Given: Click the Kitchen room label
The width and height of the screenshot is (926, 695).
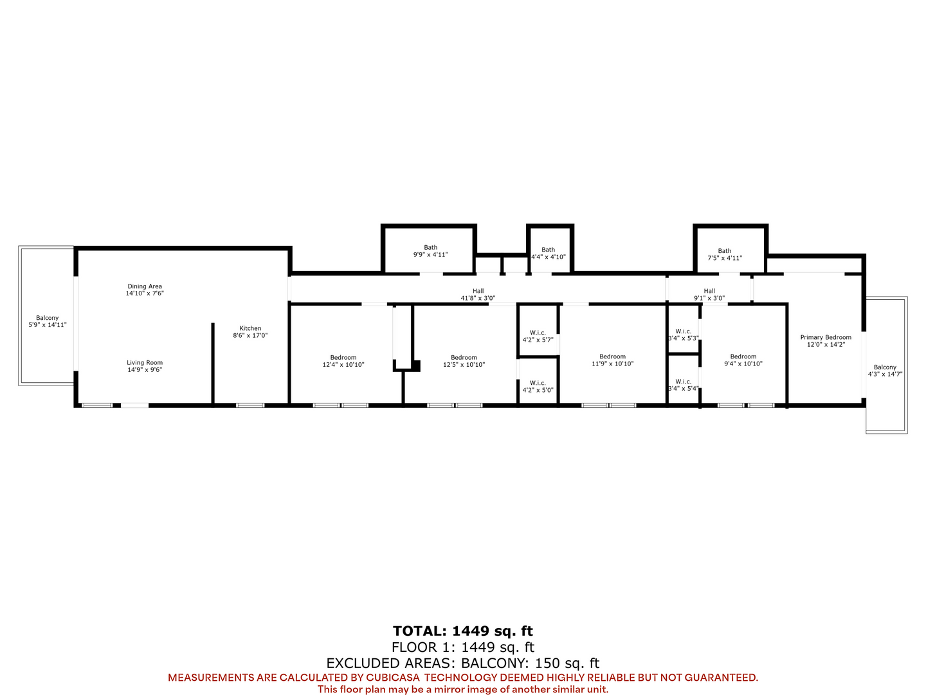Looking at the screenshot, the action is (x=250, y=328).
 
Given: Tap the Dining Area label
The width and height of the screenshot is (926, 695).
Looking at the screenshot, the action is (x=145, y=286).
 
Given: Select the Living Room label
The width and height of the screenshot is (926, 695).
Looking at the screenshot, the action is (x=145, y=362).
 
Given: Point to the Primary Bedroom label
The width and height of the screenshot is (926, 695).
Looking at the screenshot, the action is (x=826, y=337).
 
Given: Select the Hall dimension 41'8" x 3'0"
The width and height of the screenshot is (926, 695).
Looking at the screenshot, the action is (x=478, y=299).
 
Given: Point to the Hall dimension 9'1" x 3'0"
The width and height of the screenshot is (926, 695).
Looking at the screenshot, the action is (x=709, y=299).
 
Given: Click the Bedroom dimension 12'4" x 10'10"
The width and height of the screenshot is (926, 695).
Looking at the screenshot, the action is (x=343, y=365).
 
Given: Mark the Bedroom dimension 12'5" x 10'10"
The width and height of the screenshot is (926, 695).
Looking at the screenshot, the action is (x=464, y=365).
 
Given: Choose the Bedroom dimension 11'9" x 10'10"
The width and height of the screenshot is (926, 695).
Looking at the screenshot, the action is (x=612, y=364).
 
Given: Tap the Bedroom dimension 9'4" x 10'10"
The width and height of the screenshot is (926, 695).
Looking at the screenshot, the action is (x=743, y=364).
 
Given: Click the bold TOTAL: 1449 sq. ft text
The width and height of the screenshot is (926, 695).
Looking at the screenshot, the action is (x=463, y=631).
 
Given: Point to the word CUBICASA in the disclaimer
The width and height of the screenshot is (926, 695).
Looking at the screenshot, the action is (x=392, y=677).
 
